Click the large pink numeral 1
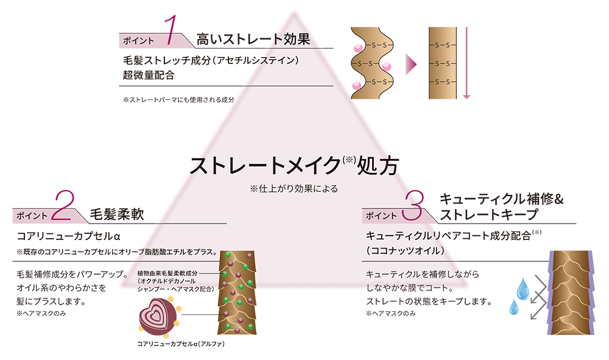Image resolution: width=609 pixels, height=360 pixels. click(171, 30)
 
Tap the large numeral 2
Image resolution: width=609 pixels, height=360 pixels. click(63, 206)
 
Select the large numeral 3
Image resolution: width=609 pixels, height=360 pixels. click(413, 206)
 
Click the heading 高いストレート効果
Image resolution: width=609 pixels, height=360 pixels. click(253, 39)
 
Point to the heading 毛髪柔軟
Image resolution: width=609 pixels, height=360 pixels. click(117, 214)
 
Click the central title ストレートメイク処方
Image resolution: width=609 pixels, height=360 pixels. click(294, 166)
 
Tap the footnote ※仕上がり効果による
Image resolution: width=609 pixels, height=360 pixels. click(294, 189)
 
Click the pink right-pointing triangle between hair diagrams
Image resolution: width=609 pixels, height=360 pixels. click(411, 64)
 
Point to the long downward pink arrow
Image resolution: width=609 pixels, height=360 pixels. click(466, 63)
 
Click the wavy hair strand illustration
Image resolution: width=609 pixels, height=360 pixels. click(372, 63)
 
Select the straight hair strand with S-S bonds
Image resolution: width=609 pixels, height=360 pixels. click(443, 63)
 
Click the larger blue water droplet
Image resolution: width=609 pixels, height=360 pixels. click(523, 289)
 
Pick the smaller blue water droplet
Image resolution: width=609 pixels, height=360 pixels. click(514, 307)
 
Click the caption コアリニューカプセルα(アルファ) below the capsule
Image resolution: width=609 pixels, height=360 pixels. click(181, 344)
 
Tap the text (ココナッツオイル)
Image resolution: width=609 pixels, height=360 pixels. click(405, 250)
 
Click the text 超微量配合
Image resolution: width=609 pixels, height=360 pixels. click(149, 75)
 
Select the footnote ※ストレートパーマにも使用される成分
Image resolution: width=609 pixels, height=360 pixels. click(178, 100)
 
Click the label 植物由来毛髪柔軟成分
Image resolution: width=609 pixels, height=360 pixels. click(167, 274)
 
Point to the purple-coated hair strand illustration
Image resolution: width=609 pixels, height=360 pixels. click(571, 292)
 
